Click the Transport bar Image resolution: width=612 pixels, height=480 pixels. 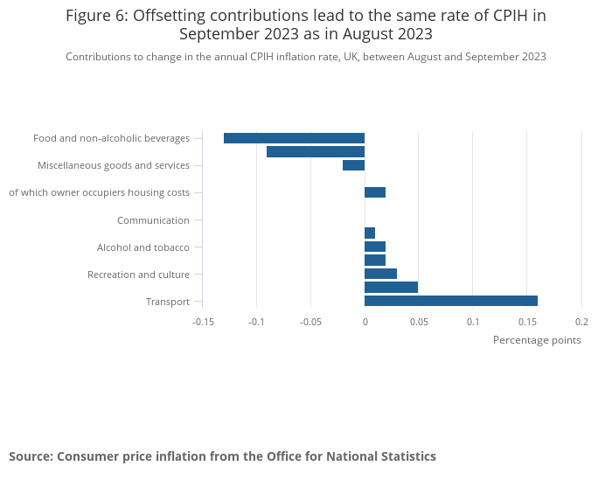450,301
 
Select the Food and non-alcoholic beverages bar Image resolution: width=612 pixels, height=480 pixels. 294,138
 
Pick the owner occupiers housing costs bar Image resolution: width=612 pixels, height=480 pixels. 375,192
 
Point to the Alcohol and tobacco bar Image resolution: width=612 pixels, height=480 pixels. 375,247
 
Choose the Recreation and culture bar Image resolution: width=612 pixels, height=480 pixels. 380,274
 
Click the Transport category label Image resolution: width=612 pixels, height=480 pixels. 168,302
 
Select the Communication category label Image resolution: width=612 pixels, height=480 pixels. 153,220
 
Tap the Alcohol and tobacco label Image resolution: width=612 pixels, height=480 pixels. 143,247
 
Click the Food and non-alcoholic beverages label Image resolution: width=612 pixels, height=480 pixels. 111,138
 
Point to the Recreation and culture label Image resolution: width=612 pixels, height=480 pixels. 138,275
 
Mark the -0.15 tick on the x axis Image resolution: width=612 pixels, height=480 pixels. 203,321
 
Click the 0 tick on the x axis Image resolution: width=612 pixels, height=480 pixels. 365,321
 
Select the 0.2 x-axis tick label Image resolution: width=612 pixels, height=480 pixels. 581,321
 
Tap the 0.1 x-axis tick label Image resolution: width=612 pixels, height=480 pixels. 473,321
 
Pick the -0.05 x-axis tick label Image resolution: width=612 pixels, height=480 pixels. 310,321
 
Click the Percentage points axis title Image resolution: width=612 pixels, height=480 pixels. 537,340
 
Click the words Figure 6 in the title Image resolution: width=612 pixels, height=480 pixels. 96,16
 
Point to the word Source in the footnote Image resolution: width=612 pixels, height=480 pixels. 30,456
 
